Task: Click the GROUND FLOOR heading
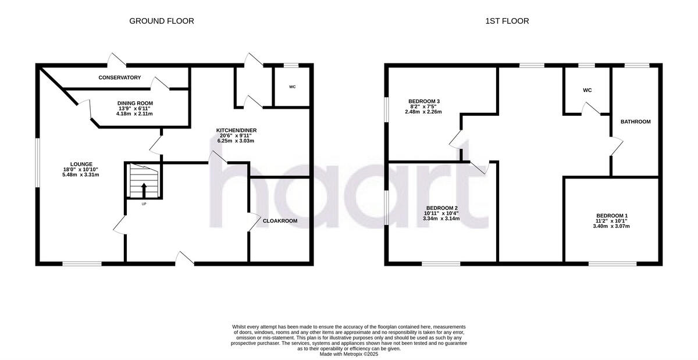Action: [161, 21]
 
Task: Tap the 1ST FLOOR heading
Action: [507, 21]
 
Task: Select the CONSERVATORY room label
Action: [119, 77]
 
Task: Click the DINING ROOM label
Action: [135, 103]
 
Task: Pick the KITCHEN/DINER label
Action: [236, 130]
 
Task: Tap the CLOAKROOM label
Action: [280, 221]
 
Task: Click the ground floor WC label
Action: [292, 87]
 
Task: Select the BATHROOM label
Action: [635, 122]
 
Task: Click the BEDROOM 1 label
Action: [611, 216]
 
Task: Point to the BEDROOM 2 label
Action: [442, 208]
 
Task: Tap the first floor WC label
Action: [587, 90]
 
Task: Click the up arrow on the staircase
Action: [143, 190]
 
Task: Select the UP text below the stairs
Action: [143, 204]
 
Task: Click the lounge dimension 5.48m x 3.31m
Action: [80, 174]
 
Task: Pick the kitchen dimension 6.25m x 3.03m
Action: [236, 141]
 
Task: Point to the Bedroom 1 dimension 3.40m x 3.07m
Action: [611, 226]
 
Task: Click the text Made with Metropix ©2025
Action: [349, 354]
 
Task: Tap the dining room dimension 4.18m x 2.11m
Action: [134, 114]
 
